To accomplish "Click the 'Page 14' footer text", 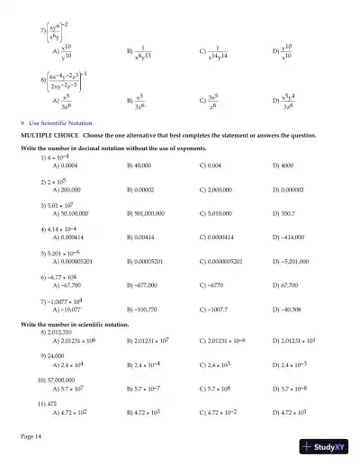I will coord(31,435).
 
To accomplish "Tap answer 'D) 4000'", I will coord(285,166).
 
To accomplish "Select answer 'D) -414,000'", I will coord(289,238).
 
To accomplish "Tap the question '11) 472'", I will coord(49,404).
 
